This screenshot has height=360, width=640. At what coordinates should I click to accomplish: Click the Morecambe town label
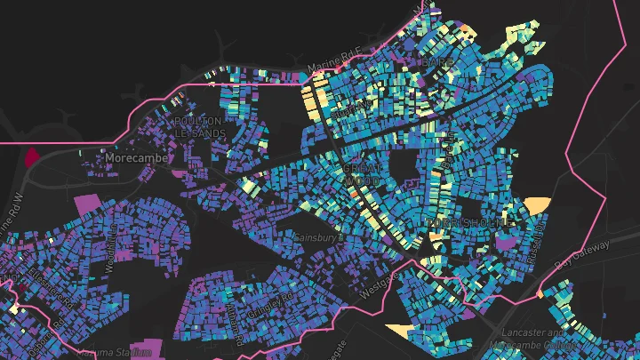pos(131,157)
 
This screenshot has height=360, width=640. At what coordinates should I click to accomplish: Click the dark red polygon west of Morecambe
pos(32,157)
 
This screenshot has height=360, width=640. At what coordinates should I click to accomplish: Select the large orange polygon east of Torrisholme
pos(537,205)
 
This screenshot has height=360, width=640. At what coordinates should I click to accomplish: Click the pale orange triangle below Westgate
pos(399,330)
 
